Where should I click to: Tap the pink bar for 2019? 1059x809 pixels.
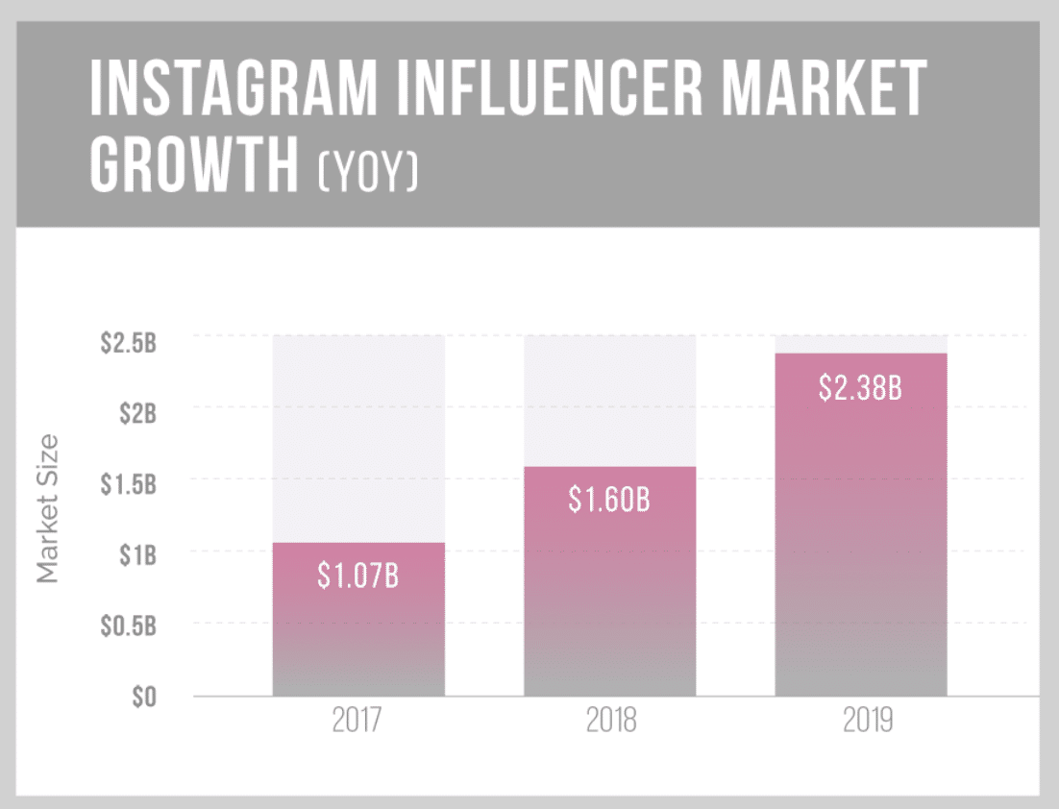(x=861, y=538)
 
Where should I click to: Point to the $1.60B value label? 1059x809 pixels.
(x=609, y=500)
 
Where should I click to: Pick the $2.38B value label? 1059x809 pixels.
(x=861, y=387)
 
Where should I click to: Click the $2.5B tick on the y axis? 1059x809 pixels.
(x=127, y=343)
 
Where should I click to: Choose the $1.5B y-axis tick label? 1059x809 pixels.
(x=128, y=484)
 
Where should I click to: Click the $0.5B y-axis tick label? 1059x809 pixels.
(x=128, y=626)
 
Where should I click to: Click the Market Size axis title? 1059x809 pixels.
(x=47, y=509)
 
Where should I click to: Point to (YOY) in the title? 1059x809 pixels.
(x=369, y=173)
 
